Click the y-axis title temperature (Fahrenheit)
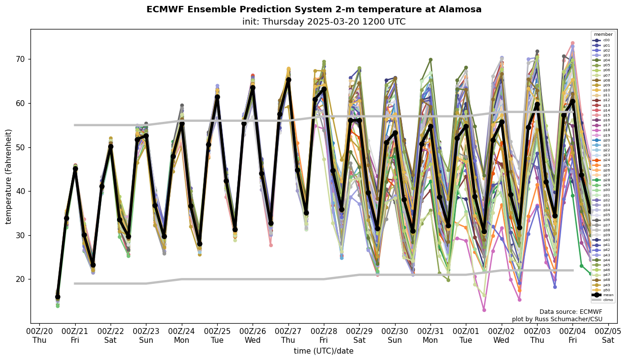(x=9, y=176)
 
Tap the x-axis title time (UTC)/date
(x=323, y=351)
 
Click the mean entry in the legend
(x=605, y=295)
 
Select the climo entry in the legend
(x=605, y=300)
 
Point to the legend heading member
(x=603, y=34)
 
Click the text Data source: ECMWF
(x=570, y=312)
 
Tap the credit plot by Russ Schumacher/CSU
(x=557, y=319)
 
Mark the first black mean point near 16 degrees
(x=57, y=297)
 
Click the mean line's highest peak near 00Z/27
(x=288, y=80)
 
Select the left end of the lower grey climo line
(x=75, y=283)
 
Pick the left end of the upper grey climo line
(x=75, y=125)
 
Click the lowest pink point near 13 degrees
(x=484, y=310)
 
